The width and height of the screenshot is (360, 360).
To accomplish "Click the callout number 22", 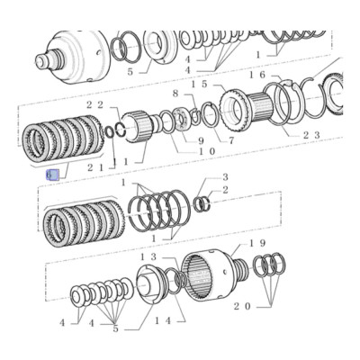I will point(96,105).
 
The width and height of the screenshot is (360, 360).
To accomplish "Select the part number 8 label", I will point(175,93).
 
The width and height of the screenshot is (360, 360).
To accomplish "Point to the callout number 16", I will point(257,76).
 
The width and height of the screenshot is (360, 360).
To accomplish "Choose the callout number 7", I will point(230,139).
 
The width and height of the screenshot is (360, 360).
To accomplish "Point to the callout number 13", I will point(148,256).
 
